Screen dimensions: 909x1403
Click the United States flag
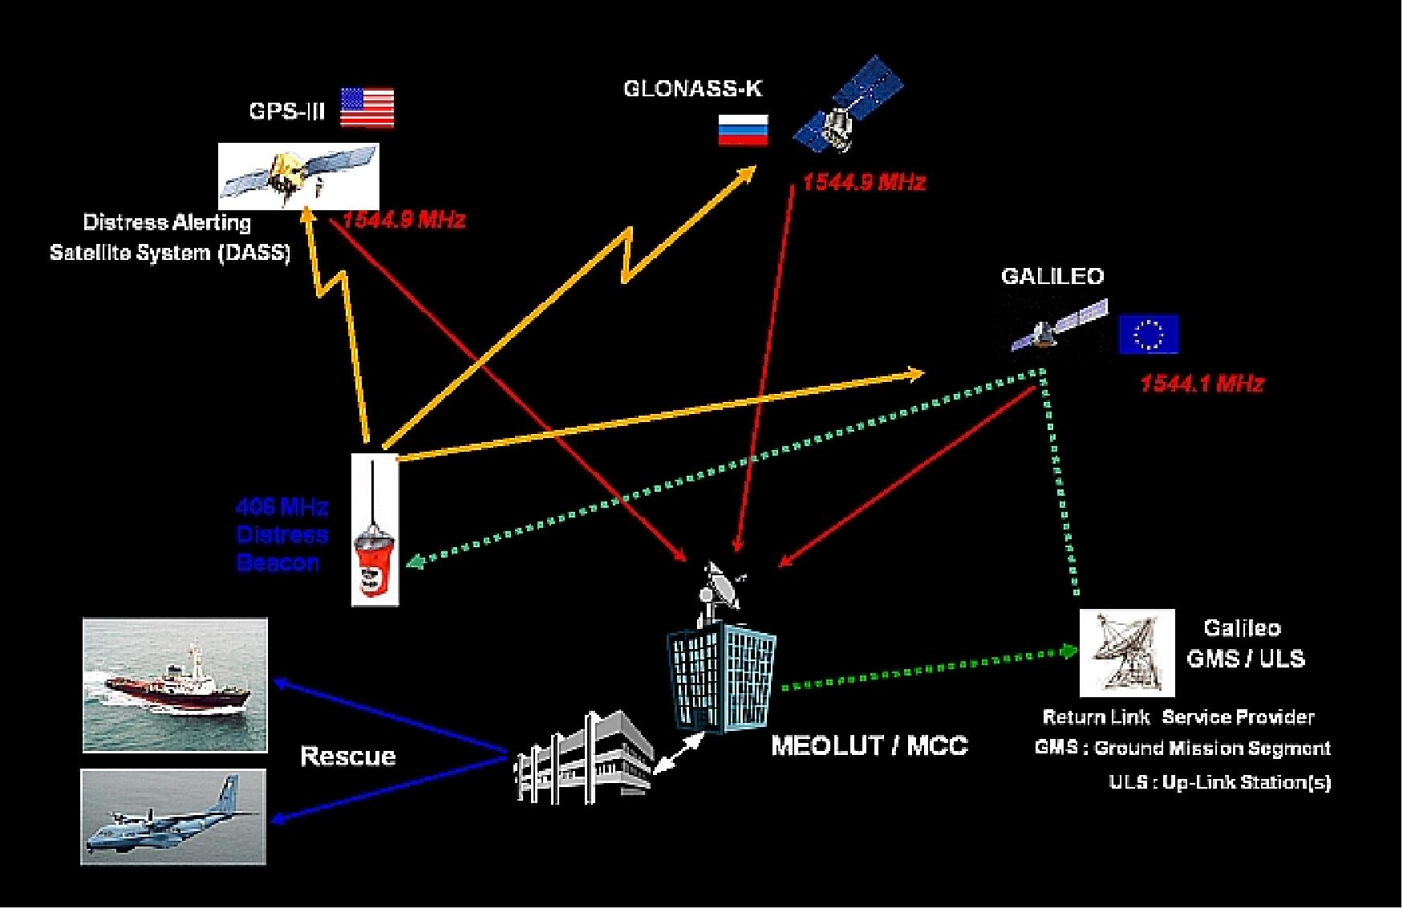click(367, 108)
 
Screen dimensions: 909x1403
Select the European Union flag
click(1149, 335)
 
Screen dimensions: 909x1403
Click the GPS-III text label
click(287, 112)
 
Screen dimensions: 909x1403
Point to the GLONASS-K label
click(692, 89)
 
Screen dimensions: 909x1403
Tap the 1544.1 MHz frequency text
click(1202, 384)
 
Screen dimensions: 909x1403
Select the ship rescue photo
click(175, 684)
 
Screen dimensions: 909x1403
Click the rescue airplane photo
click(173, 816)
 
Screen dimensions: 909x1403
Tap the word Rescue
click(347, 757)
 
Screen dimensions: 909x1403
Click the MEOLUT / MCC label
click(870, 746)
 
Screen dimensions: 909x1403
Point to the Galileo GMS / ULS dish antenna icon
click(1126, 652)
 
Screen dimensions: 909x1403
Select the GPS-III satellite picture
click(298, 177)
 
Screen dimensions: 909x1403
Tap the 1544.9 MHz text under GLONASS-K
click(864, 183)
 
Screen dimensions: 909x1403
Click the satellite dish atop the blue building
click(720, 583)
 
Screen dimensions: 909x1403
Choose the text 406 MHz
click(282, 507)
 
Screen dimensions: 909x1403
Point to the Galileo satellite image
click(1057, 327)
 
